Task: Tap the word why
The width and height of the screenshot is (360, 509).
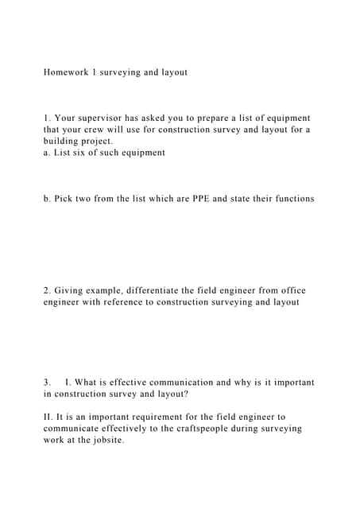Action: (255, 382)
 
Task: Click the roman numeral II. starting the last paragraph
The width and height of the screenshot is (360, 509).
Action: (49, 416)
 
